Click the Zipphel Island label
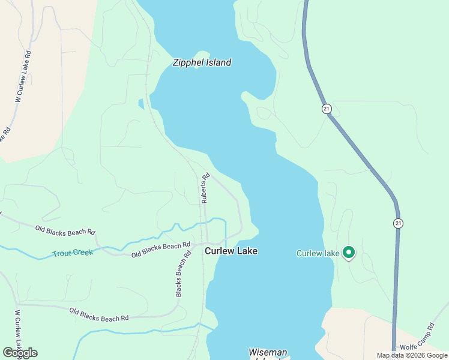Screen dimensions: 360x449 click(202, 62)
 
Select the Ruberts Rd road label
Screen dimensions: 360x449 click(205, 188)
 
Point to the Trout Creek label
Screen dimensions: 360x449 click(73, 253)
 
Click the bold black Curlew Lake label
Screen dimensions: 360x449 click(231, 251)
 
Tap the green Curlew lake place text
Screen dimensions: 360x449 click(318, 253)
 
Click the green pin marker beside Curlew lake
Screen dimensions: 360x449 click(348, 253)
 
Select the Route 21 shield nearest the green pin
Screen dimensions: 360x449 click(398, 223)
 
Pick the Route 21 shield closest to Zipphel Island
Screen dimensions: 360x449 click(326, 109)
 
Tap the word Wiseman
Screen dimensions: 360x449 click(268, 352)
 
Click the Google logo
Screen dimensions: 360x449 click(20, 353)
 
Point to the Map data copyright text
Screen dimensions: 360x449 click(412, 355)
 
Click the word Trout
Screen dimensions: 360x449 click(62, 254)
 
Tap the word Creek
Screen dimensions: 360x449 click(83, 253)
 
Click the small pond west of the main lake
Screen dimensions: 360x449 click(141, 104)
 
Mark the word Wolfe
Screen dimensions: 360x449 click(408, 346)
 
